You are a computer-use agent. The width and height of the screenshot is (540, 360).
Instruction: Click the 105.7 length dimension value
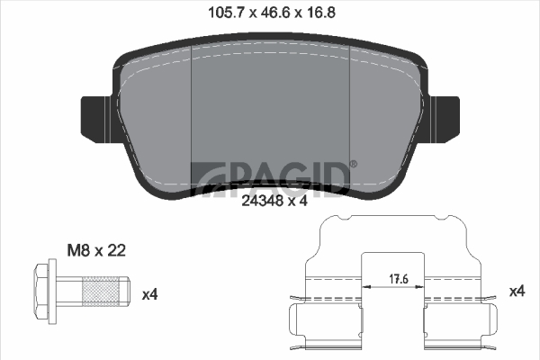coord(226,13)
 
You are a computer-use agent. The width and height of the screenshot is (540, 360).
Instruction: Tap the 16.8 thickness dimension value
coord(319,13)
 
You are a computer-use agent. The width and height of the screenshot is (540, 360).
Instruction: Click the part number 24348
coord(263,201)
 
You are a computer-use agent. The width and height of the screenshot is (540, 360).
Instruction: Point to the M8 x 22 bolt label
coord(96,251)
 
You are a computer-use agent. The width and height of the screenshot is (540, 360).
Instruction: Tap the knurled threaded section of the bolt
coord(100,292)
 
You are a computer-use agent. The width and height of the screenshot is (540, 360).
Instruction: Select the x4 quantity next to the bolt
coord(149,295)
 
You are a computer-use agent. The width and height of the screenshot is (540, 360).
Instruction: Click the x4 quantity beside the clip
coord(517,292)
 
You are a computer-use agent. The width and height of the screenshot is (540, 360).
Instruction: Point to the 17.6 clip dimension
coord(399,279)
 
